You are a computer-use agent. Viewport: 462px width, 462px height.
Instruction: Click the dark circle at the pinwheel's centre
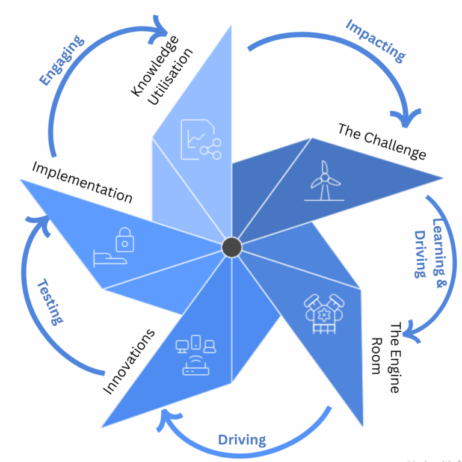pyautogui.click(x=232, y=247)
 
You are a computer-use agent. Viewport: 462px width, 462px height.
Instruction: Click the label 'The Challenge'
pyautogui.click(x=381, y=142)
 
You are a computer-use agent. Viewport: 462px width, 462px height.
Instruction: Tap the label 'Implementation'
pyautogui.click(x=81, y=181)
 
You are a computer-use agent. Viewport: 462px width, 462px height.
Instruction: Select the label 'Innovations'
pyautogui.click(x=129, y=362)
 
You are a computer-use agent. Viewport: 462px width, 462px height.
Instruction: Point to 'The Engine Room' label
pyautogui.click(x=386, y=357)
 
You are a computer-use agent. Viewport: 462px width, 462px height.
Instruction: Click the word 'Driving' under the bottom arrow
pyautogui.click(x=242, y=440)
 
